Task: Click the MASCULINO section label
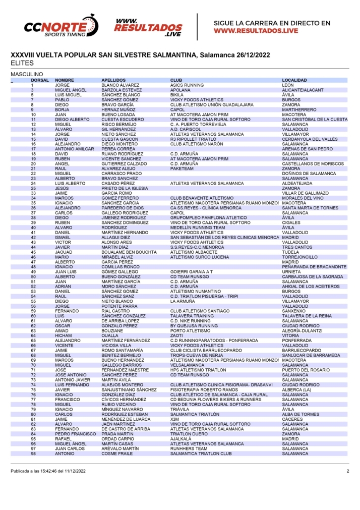click(x=27, y=74)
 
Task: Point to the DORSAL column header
click(x=40, y=80)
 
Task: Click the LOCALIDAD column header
click(x=294, y=80)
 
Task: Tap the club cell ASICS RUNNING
click(x=187, y=85)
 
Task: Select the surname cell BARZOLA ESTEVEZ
click(x=122, y=90)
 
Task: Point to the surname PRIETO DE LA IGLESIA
click(x=125, y=188)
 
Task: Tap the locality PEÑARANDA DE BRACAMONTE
click(x=314, y=266)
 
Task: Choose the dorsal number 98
click(x=33, y=453)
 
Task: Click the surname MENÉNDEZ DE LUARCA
click(x=126, y=419)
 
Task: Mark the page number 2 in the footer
click(x=347, y=471)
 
